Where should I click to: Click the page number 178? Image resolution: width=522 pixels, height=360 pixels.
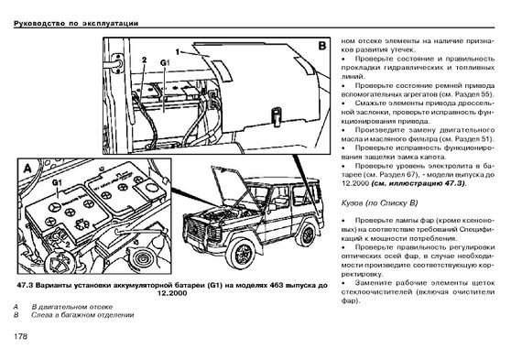[x=21, y=336]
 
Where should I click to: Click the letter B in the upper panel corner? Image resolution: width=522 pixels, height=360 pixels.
[x=322, y=46]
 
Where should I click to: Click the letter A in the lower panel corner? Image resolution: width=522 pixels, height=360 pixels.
[x=27, y=169]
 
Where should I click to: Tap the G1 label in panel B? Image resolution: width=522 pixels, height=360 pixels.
[x=165, y=62]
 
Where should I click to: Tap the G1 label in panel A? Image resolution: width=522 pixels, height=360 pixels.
[x=57, y=182]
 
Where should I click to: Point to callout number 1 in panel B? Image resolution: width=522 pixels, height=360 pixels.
[x=178, y=52]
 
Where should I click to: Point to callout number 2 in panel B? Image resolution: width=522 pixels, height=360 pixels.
[x=144, y=60]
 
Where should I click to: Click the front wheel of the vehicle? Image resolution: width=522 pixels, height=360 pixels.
[x=244, y=255]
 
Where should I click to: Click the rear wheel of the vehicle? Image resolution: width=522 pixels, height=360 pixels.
[x=307, y=235]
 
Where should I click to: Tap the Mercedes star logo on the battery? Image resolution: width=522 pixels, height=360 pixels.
[x=53, y=208]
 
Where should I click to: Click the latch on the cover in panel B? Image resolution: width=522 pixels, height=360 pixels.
[x=276, y=116]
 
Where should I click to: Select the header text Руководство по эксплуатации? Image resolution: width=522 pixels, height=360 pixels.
[x=76, y=23]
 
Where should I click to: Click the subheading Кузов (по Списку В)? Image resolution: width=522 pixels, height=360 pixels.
[x=379, y=202]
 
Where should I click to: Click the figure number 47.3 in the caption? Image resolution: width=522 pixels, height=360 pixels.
[x=25, y=286]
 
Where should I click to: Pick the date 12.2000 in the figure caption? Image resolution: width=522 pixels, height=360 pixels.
[x=172, y=294]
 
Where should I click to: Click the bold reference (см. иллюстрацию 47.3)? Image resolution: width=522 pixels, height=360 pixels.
[x=419, y=183]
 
